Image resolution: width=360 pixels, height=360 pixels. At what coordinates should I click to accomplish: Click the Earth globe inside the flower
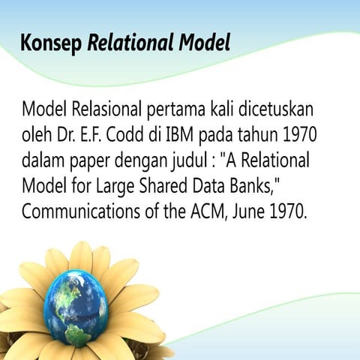(75, 307)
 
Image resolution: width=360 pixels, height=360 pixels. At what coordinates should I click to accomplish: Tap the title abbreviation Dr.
(66, 136)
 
